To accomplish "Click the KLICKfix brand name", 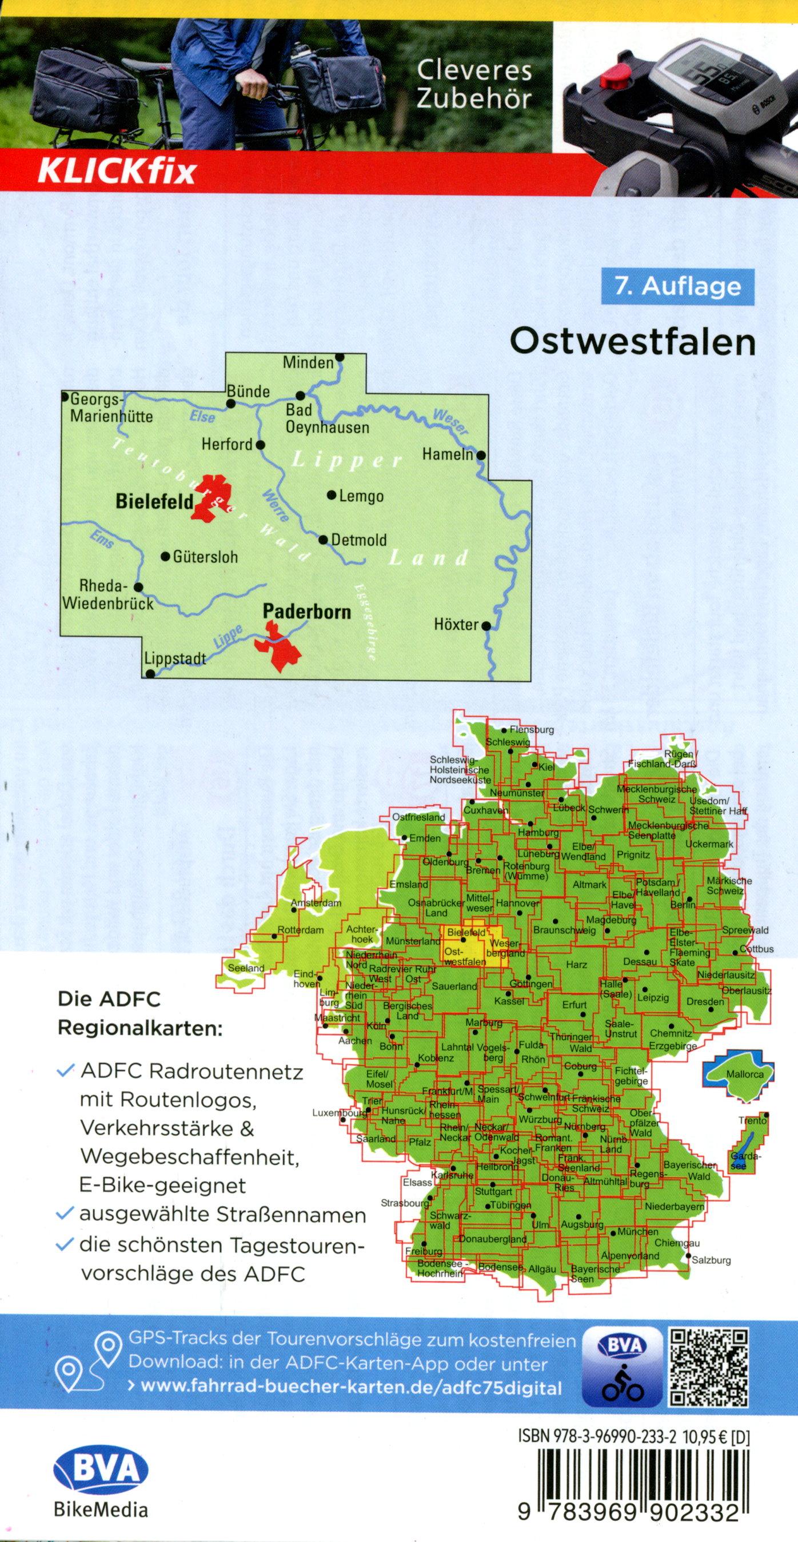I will (x=117, y=173).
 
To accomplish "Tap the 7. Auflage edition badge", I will (x=677, y=287).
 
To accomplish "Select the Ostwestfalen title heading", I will (x=632, y=342).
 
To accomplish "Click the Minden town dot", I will (x=340, y=357).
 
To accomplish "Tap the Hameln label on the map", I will (x=447, y=454).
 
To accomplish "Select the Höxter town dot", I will (x=486, y=626).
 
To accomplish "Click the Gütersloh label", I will (x=205, y=557).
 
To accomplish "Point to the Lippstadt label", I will (x=175, y=658).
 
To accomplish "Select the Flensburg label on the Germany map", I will (x=532, y=730).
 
